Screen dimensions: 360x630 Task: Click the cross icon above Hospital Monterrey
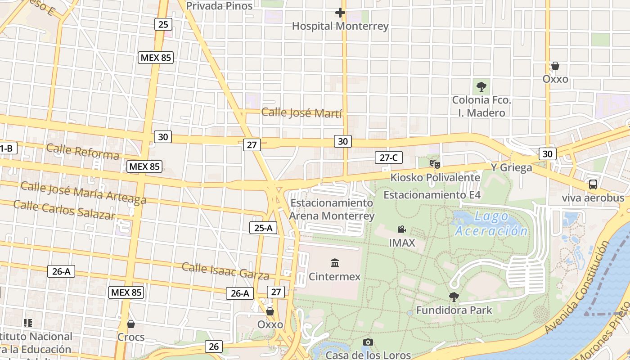[340, 13]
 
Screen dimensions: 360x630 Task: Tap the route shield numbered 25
[162, 24]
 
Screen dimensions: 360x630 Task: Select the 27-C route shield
[389, 157]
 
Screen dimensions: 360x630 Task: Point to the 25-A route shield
[263, 228]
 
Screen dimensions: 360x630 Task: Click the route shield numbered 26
[214, 346]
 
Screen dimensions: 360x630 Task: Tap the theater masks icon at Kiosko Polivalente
[435, 164]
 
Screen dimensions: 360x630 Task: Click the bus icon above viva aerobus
[593, 184]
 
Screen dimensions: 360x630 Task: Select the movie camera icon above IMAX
[402, 229]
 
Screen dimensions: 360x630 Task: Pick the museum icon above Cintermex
[335, 263]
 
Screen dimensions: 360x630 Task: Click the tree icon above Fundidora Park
[454, 297]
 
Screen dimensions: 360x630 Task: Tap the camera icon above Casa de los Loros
[368, 342]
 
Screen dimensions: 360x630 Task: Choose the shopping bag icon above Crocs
[131, 324]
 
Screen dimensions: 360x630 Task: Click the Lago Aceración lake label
[491, 224]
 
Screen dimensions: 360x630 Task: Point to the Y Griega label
[511, 167]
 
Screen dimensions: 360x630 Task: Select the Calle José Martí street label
[301, 112]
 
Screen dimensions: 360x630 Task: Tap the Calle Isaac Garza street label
[225, 271]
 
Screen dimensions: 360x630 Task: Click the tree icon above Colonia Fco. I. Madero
[481, 86]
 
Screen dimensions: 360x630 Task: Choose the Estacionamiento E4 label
[432, 195]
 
